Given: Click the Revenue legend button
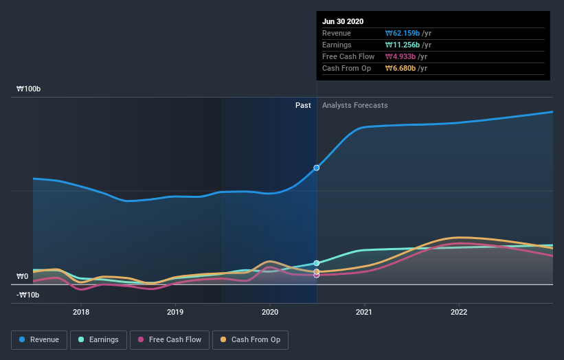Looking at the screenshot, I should tap(40, 339).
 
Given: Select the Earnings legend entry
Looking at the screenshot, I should tap(99, 339).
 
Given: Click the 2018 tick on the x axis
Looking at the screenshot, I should tap(81, 311).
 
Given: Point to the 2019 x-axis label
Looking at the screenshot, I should tap(175, 311).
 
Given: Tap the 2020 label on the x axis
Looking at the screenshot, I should tap(270, 311).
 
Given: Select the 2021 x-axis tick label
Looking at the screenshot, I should tap(364, 311).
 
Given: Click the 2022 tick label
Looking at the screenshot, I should tap(458, 311).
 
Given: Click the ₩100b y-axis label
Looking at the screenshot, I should tap(29, 89).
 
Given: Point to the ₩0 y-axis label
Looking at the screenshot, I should tap(23, 276).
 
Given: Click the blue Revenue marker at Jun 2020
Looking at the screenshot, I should tap(317, 168).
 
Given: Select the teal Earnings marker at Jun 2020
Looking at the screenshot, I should tap(317, 263).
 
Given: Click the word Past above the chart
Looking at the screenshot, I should tap(303, 105).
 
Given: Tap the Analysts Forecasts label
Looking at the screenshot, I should tap(354, 105).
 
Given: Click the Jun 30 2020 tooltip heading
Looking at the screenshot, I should tap(343, 21).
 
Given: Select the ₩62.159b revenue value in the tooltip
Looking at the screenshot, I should tap(402, 33).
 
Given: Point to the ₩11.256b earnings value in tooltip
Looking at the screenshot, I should tap(402, 45).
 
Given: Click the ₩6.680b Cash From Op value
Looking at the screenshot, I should tap(401, 68).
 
